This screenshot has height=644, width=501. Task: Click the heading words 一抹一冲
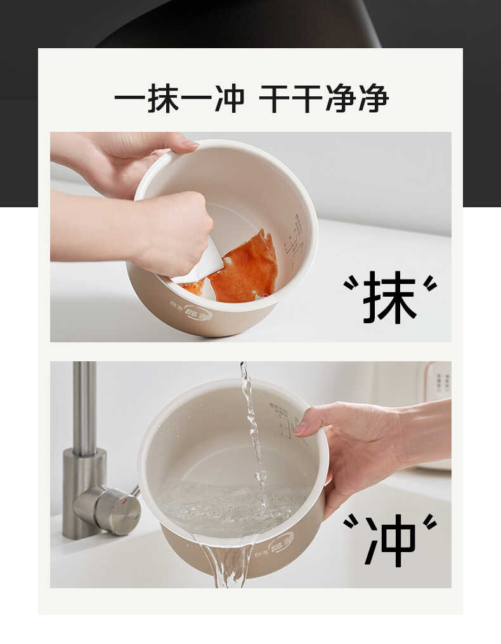179,99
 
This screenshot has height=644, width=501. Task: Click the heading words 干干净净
324,99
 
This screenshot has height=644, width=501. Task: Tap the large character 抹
390,297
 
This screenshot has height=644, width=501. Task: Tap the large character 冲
390,540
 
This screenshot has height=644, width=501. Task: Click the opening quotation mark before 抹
351,283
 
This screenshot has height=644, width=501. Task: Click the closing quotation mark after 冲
430,522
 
